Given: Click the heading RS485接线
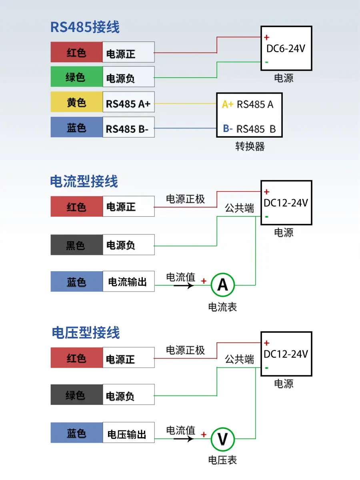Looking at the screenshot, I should point(85,27).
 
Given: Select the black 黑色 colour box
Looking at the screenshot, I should point(76,245).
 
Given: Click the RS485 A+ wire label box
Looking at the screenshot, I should point(128,104).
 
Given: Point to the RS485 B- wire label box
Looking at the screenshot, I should point(128,129).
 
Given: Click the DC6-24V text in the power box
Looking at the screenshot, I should point(286,49).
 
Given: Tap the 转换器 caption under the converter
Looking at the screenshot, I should point(250,147).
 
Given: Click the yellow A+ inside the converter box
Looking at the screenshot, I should point(228,105).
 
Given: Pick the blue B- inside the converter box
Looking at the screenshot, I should point(228,129).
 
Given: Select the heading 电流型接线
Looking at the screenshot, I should point(84,182).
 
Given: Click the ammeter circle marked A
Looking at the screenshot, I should point(222,285).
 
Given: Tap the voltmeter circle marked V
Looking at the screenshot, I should point(222,439).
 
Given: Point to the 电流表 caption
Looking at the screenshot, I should point(222,307).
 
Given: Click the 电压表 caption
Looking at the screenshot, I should point(222,460).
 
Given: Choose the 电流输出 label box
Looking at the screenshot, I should point(128,282).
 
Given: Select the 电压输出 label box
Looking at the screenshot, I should point(128,434).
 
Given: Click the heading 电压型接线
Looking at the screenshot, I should point(86,333).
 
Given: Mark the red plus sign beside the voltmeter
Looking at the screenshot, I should point(204,434).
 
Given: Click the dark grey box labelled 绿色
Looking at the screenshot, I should point(76,396).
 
